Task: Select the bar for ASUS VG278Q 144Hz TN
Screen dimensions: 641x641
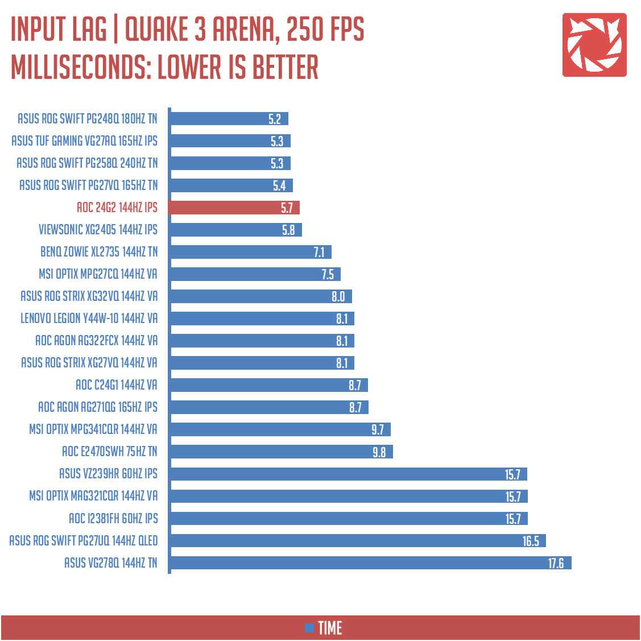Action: click(370, 563)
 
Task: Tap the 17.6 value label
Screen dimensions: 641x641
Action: click(556, 563)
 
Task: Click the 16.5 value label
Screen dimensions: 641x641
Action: click(530, 541)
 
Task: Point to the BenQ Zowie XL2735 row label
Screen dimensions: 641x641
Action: click(99, 252)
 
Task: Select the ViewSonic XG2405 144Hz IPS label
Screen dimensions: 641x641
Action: click(98, 230)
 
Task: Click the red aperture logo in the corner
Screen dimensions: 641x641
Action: click(594, 45)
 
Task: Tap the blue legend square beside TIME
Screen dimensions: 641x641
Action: click(309, 628)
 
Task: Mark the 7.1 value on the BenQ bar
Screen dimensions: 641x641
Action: click(319, 252)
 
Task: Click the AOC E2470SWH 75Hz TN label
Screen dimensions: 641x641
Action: click(109, 452)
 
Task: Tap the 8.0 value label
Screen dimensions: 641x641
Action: click(338, 296)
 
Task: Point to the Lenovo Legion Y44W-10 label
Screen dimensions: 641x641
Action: click(89, 319)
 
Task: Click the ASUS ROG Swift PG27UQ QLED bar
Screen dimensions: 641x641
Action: click(357, 541)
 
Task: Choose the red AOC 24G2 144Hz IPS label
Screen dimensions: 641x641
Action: click(117, 208)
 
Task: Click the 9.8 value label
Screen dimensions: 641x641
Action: click(379, 452)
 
